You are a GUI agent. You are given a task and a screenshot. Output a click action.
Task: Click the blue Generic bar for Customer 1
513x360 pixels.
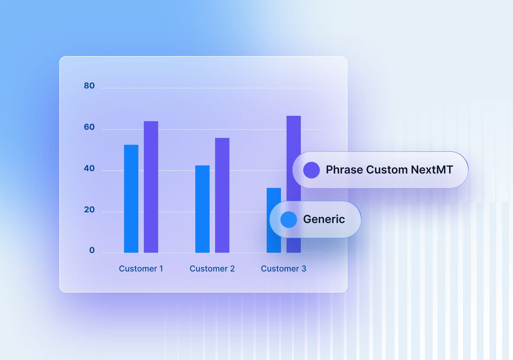131,199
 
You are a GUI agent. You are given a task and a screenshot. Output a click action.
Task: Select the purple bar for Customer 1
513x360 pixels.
151,187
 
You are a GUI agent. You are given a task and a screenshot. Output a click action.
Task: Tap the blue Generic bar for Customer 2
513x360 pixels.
202,209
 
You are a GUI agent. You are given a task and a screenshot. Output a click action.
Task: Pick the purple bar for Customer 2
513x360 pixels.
222,195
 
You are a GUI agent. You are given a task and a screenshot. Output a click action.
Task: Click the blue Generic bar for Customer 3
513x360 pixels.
274,195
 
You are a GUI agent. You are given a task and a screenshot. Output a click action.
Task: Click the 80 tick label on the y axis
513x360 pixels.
89,85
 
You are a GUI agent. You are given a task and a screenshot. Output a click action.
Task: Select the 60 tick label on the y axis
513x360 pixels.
89,127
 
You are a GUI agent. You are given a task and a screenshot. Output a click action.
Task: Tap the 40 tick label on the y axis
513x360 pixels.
89,168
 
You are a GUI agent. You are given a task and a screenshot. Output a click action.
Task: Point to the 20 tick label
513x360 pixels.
89,209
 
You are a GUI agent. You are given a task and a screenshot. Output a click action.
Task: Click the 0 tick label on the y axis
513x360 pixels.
92,250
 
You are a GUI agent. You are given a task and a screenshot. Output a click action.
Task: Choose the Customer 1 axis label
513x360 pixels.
141,268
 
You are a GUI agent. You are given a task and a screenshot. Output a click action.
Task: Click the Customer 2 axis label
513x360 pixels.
212,268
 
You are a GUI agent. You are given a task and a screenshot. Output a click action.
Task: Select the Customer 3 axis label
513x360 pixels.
283,268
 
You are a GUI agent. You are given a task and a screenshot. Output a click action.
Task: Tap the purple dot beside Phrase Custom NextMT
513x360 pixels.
311,170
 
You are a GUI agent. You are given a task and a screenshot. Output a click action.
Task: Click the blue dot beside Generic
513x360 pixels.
289,220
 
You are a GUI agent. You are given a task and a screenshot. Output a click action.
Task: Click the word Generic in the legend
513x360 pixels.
324,219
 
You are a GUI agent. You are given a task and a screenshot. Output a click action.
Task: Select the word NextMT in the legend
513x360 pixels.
432,170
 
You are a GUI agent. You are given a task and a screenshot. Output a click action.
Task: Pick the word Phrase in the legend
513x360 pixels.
344,170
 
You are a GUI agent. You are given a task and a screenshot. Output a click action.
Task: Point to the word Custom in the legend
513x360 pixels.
387,170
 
